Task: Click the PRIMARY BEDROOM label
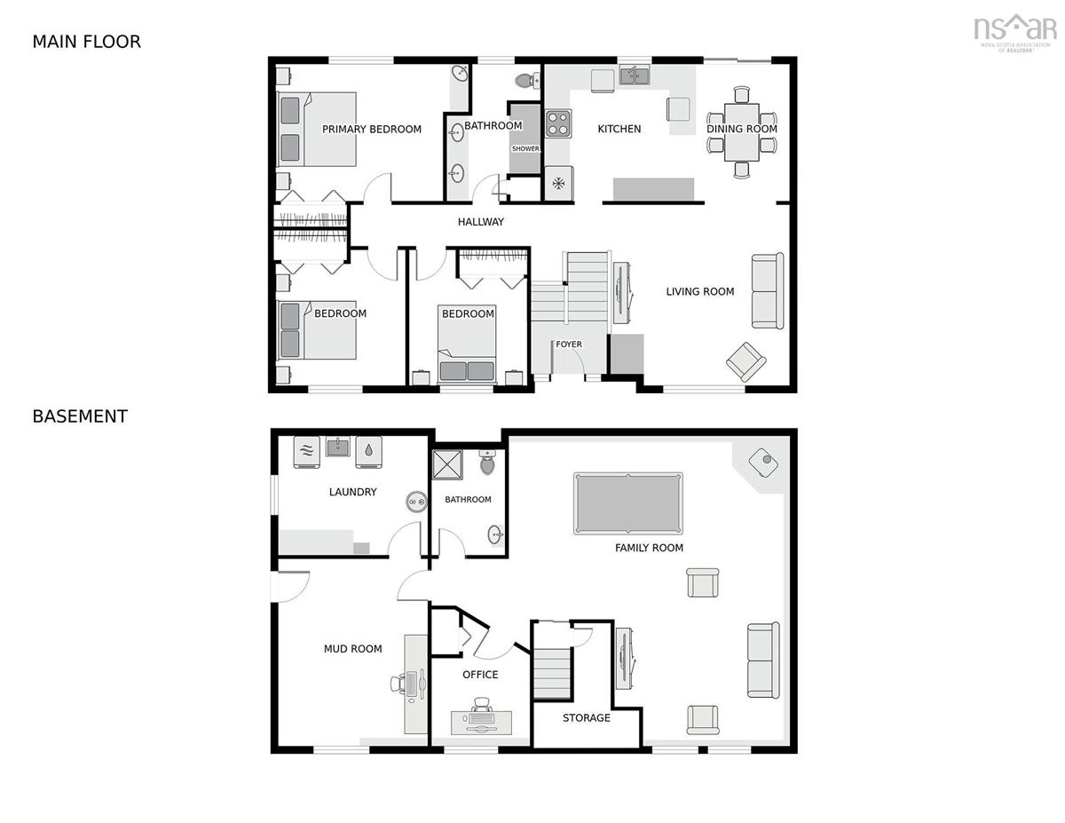click(372, 130)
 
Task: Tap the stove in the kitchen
click(558, 123)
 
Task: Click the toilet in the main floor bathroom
click(527, 80)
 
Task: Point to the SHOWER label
click(525, 148)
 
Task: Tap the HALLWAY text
click(480, 222)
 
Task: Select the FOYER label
click(569, 344)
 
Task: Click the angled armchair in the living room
click(745, 362)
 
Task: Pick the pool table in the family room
click(627, 503)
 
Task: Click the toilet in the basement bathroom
click(487, 462)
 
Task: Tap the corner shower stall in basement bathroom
click(447, 464)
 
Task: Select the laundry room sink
click(337, 447)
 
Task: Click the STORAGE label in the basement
click(586, 718)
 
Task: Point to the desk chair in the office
click(482, 705)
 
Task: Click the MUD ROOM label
click(352, 649)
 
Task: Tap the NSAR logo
click(1015, 33)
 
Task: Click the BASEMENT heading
click(80, 416)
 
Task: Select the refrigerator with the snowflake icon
click(559, 184)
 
